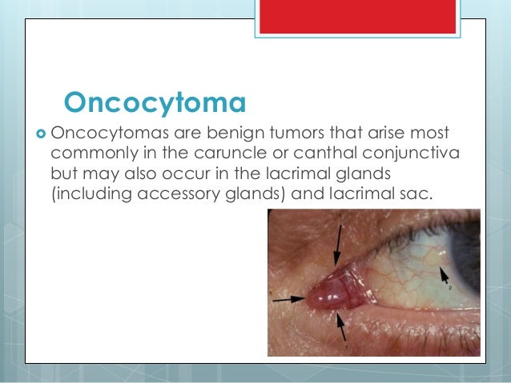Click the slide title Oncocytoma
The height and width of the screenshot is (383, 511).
pos(154,102)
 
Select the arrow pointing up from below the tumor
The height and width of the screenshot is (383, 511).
pos(341,328)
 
